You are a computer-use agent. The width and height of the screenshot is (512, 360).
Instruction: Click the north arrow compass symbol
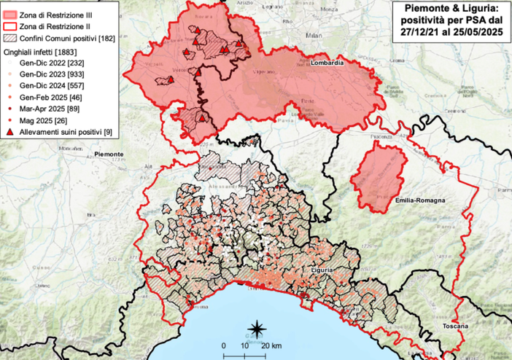click(x=257, y=327)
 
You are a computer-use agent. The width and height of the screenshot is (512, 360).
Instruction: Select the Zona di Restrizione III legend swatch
click(x=11, y=14)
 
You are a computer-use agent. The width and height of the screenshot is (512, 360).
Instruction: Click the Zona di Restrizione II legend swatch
click(x=11, y=26)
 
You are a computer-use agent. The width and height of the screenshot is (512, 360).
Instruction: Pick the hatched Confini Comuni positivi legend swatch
click(x=11, y=38)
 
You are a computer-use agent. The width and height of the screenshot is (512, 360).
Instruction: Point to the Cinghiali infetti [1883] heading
click(x=42, y=52)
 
